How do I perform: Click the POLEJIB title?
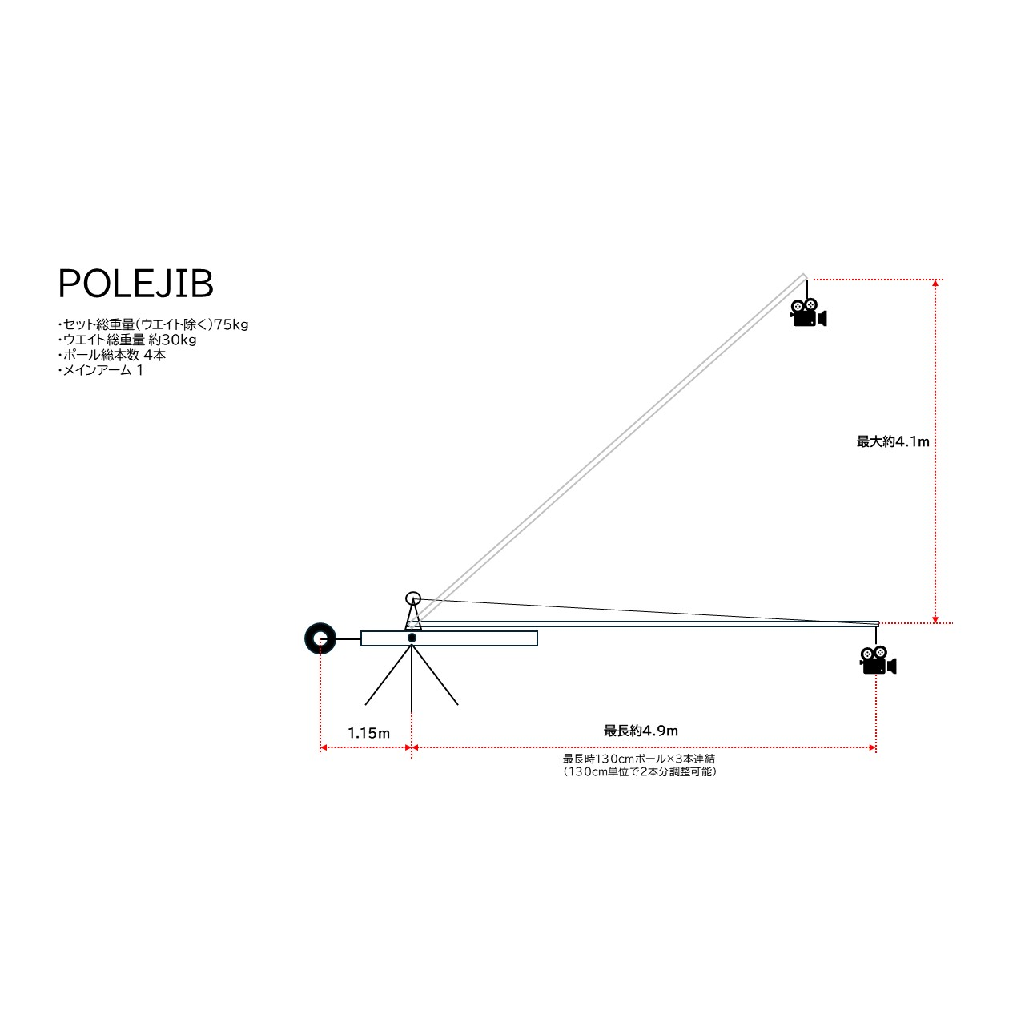coord(135,284)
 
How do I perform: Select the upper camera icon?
coord(808,312)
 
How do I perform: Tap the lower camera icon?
coord(878,661)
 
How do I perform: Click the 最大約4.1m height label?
coord(893,441)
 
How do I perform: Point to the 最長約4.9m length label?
coord(641,731)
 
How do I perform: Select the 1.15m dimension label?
coord(368,733)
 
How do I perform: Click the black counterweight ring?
coord(320,638)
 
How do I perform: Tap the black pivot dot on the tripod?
coord(412,638)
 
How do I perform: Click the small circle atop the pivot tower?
coord(413,598)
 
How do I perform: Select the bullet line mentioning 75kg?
coord(154,324)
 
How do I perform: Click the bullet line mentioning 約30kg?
coord(128,340)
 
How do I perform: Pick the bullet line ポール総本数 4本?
coord(112,355)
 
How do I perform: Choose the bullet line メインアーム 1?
coord(101,370)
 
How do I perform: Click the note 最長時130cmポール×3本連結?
coord(639,759)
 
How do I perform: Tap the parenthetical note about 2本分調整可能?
coord(639,772)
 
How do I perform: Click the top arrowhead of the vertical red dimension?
coord(935,283)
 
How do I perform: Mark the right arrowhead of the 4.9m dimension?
coord(873,747)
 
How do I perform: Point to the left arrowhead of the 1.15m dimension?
coord(324,747)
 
